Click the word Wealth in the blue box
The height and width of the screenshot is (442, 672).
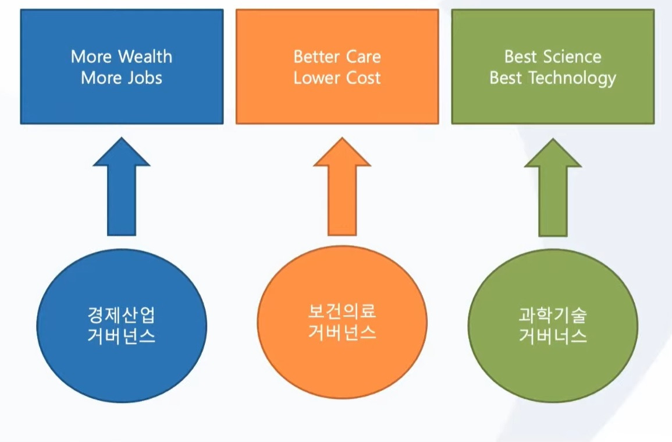pos(145,56)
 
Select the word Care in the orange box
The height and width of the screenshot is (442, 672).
pos(364,56)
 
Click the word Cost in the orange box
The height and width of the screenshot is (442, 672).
pos(364,78)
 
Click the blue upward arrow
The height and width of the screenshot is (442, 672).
pos(122,186)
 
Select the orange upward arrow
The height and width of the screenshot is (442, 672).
pos(342,186)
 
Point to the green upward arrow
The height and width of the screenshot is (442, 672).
pos(553,187)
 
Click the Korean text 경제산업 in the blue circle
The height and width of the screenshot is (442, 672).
pos(121,315)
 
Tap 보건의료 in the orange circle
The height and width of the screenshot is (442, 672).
pos(342,311)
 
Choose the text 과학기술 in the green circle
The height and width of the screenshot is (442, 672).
pos(553,315)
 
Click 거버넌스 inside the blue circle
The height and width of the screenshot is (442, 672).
pos(121,335)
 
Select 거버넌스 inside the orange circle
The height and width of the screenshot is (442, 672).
pos(342,332)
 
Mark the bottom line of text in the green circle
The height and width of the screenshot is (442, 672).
pos(553,335)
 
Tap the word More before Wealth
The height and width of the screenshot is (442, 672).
pos(91,56)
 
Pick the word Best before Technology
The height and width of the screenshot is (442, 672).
pos(506,78)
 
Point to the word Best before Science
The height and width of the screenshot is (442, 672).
pos(521,56)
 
